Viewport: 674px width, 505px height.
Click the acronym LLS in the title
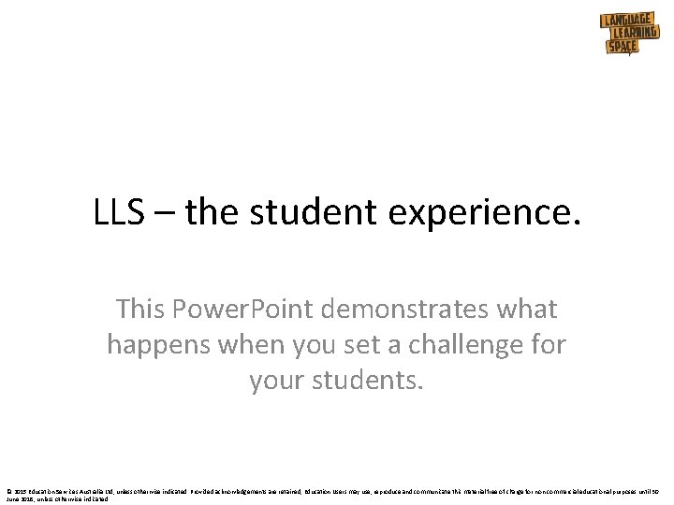pos(119,213)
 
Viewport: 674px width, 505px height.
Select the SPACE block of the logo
pos(622,45)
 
